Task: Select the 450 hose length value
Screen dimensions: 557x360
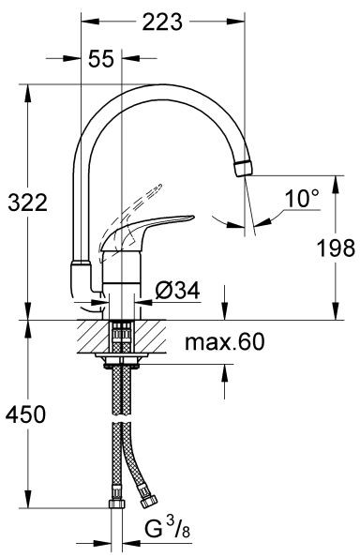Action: coord(24,413)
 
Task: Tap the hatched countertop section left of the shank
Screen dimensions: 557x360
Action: coord(92,333)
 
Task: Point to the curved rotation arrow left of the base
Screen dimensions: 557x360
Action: coord(90,306)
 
